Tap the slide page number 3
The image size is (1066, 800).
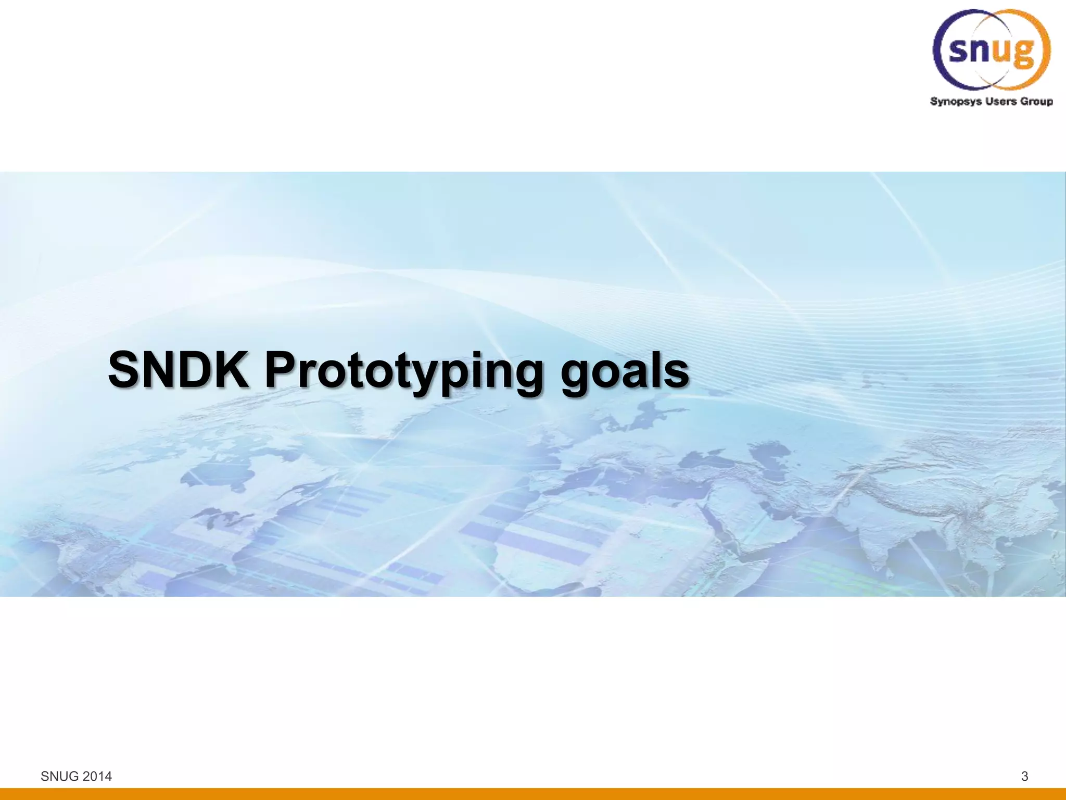click(1024, 776)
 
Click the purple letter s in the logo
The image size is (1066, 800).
click(959, 50)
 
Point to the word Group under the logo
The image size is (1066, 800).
click(1036, 102)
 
